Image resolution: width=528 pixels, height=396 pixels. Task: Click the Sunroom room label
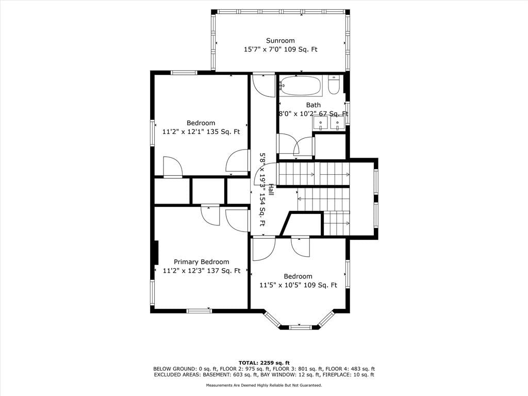280,41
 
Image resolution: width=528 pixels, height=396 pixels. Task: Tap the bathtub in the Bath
301,86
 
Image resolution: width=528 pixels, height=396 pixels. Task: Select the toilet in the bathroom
334,85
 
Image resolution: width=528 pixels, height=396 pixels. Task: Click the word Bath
313,105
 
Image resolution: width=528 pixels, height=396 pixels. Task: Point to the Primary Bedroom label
202,261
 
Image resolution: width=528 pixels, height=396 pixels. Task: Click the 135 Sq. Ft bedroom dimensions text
201,131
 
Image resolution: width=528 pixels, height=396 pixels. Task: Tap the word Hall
270,189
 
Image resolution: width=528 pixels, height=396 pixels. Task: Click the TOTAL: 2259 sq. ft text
264,362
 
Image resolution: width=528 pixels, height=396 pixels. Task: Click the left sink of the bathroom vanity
321,123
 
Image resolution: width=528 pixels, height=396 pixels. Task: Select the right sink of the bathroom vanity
337,123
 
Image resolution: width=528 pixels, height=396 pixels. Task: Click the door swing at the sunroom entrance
263,86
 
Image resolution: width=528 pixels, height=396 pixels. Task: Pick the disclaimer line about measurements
264,385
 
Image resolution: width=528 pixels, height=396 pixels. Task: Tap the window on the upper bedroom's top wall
184,72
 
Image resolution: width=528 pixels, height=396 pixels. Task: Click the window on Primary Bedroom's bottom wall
200,311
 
